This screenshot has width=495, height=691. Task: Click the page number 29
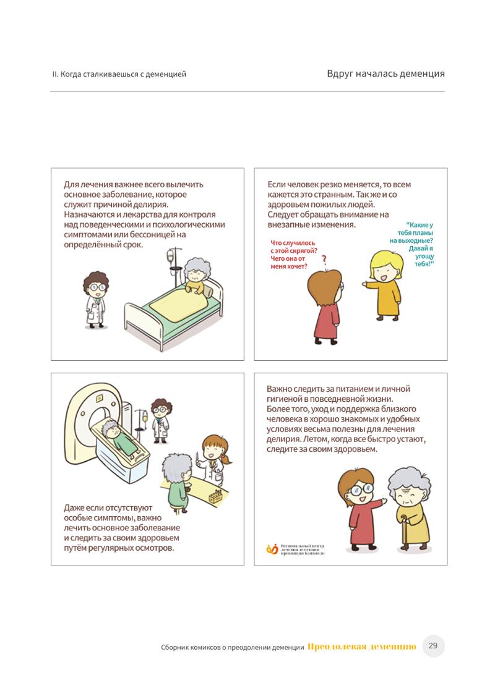[x=433, y=645]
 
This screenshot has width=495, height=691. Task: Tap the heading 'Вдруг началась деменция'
[x=385, y=74]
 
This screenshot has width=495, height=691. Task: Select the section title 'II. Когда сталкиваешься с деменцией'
[x=119, y=74]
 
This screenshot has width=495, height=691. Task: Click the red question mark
[x=324, y=260]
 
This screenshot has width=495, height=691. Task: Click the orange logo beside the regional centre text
[x=272, y=549]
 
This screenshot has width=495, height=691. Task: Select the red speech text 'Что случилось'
[x=293, y=243]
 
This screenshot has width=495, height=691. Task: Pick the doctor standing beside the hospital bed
[x=95, y=300]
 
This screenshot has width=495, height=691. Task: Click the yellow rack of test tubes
[x=215, y=497]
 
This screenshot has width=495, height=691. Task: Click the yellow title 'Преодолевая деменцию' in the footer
[x=362, y=646]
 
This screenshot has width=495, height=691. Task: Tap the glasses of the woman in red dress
[x=361, y=489]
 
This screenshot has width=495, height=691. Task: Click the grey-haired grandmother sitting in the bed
[x=196, y=277]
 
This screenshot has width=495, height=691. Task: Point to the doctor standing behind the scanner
[x=161, y=420]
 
